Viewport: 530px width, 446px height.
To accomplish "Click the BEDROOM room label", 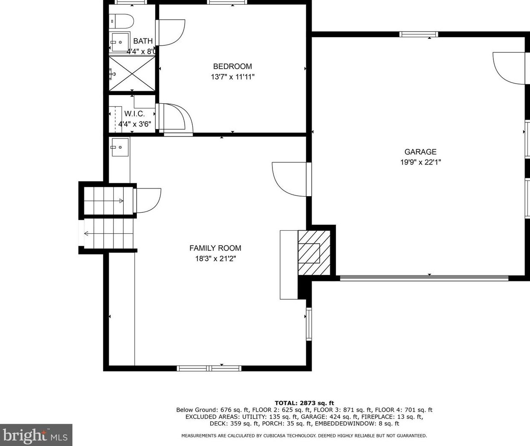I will coord(232,67).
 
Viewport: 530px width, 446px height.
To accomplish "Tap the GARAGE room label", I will coord(420,152).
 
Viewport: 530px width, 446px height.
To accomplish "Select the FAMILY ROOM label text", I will coord(215,248).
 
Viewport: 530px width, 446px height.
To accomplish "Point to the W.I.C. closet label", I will coord(134,114).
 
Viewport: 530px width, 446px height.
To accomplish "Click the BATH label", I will coord(143,41).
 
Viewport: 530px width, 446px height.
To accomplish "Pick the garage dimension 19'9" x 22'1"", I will coord(420,162).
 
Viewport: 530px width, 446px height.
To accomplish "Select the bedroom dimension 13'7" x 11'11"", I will coord(232,77).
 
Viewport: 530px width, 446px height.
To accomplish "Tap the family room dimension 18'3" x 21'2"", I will coord(215,258).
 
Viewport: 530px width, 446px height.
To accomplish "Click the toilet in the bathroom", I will coord(121,20).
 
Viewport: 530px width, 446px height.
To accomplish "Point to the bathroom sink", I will coord(120,42).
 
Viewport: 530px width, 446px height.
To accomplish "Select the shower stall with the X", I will coord(132,74).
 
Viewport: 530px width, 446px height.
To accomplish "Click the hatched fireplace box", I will coord(314,253).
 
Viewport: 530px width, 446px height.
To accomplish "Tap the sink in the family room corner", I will coord(120,148).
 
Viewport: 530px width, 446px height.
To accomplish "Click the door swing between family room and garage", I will coord(290,179).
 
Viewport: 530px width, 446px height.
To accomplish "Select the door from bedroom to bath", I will coord(171,32).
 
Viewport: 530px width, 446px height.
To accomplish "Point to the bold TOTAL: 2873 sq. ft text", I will coord(304,403).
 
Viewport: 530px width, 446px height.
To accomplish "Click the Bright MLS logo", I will coord(36,435).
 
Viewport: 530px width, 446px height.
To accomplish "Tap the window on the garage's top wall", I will coord(418,35).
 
